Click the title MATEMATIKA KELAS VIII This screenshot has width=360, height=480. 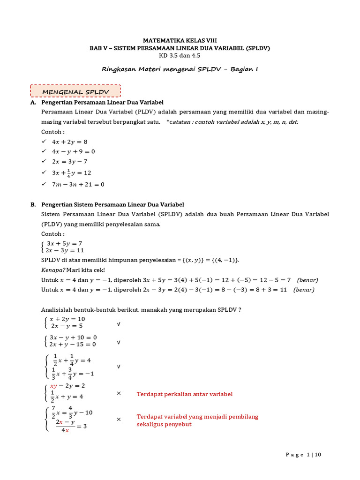point(180,41)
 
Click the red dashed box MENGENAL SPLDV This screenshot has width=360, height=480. point(75,91)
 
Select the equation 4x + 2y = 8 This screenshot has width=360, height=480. point(70,141)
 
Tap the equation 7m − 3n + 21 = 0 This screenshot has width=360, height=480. point(78,184)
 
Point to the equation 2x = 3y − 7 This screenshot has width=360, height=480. point(70,161)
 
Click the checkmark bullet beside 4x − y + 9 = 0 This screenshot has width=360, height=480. point(44,151)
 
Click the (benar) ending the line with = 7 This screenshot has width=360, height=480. point(307,280)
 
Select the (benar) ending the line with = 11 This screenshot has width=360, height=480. point(304,290)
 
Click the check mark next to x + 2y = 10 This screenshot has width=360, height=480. point(119,324)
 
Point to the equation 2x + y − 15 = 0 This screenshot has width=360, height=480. point(73,345)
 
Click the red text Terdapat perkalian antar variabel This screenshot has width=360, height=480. point(184,394)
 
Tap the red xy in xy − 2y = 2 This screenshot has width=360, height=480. point(53,386)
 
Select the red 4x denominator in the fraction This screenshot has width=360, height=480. point(66,430)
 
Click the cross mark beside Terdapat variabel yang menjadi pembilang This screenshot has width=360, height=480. point(119,419)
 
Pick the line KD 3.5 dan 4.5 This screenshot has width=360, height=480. point(180,55)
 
